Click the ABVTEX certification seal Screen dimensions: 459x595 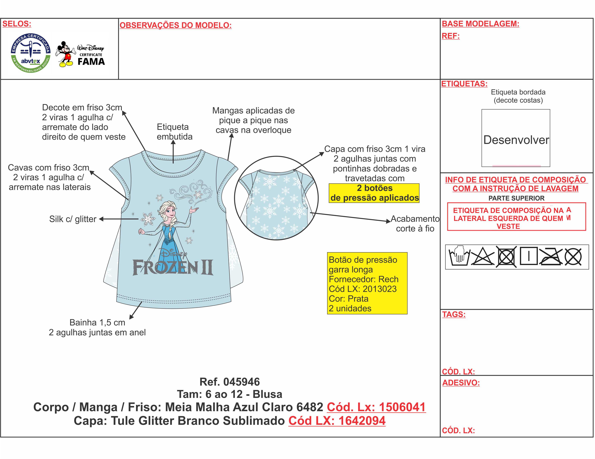coord(30,53)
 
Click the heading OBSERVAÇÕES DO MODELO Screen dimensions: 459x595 coord(175,25)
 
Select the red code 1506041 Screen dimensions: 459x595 coord(402,407)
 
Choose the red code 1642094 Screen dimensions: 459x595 coord(362,421)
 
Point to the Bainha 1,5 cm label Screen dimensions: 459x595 coord(97,322)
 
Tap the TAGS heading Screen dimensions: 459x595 coord(454,314)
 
